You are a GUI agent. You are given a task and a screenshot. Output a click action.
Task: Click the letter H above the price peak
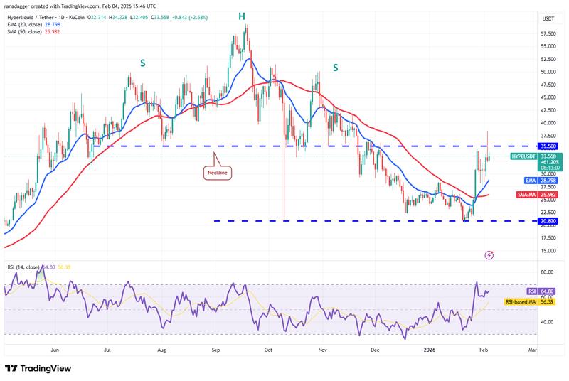[x=242, y=16]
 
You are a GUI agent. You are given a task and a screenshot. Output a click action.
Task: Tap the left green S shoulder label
[x=143, y=63]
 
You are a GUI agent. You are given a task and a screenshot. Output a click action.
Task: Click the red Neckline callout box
[x=218, y=171]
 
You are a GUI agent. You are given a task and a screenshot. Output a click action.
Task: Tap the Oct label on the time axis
[x=268, y=350]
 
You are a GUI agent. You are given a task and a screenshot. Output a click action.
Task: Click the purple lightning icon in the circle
[x=489, y=254]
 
